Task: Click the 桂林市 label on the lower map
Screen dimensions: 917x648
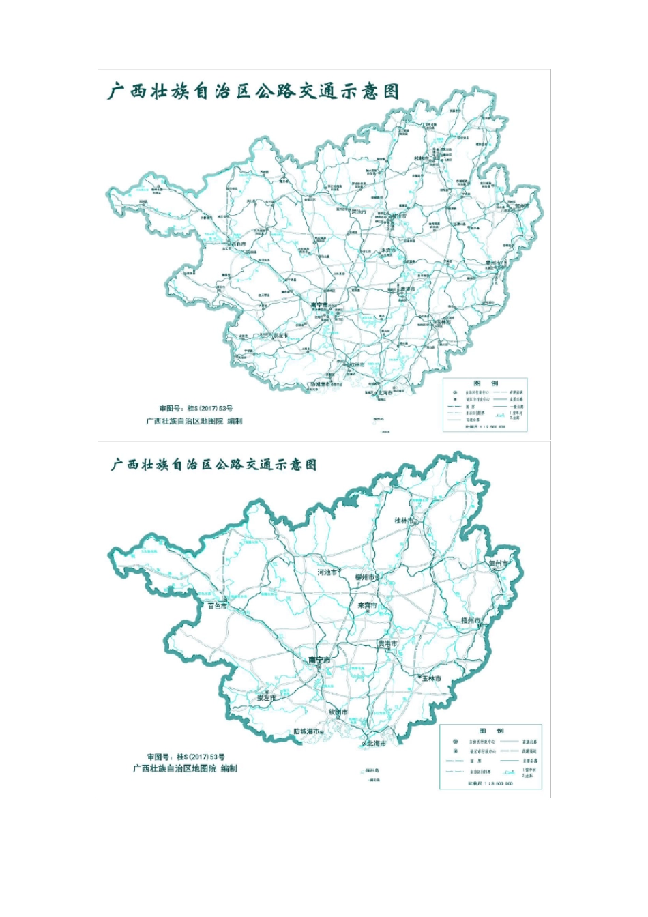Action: pyautogui.click(x=404, y=520)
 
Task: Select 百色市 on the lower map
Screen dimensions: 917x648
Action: pyautogui.click(x=217, y=605)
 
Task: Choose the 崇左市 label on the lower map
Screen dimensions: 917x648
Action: pyautogui.click(x=266, y=698)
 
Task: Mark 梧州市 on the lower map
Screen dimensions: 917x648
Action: pyautogui.click(x=471, y=620)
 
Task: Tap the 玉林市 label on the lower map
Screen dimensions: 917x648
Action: pyautogui.click(x=431, y=678)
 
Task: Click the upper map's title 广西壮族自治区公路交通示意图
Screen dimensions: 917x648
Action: pyautogui.click(x=253, y=91)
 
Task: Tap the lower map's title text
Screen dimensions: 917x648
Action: pyautogui.click(x=214, y=465)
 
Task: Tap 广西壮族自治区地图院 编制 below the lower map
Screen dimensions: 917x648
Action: pyautogui.click(x=186, y=768)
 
